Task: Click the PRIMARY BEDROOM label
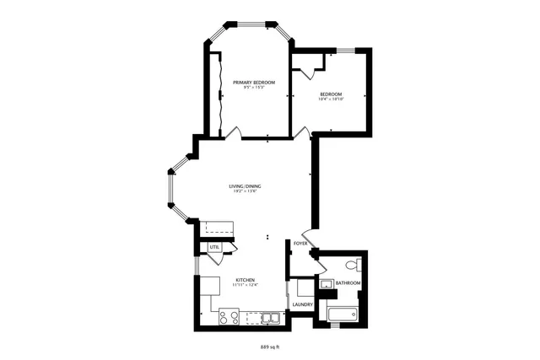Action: tap(247, 82)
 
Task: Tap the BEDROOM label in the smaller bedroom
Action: tap(330, 94)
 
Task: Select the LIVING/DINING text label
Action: tap(245, 186)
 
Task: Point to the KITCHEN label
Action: tap(246, 280)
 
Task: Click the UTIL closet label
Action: tap(214, 247)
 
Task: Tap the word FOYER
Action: tap(299, 244)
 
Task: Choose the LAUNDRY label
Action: tap(303, 304)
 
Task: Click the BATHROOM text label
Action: tap(348, 282)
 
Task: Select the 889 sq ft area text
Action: tap(269, 347)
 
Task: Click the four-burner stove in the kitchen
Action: tap(229, 317)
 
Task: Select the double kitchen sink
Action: tap(270, 318)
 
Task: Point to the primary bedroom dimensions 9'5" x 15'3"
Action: tap(247, 88)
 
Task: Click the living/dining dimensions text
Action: tap(245, 191)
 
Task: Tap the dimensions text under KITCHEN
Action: tap(246, 285)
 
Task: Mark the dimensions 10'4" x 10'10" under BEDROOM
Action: tap(331, 99)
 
